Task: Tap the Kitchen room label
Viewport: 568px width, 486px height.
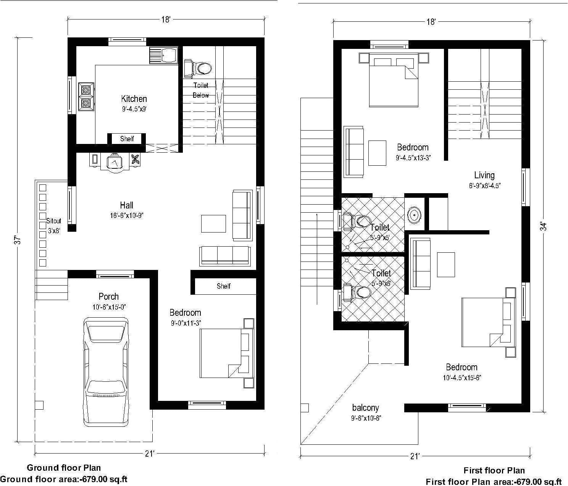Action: tap(134, 99)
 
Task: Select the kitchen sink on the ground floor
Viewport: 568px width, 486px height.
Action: tap(164, 55)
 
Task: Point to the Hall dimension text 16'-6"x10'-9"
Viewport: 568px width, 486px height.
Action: tap(127, 215)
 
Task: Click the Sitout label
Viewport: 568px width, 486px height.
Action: tap(53, 221)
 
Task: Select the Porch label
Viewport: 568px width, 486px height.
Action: tap(108, 296)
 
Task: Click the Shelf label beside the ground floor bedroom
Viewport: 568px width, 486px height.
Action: tap(223, 286)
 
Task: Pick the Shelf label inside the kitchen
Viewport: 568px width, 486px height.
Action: tap(127, 139)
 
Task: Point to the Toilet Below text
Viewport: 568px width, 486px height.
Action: tap(200, 90)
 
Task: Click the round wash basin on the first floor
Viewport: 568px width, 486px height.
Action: tap(414, 215)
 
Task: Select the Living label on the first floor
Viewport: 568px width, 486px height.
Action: tap(484, 175)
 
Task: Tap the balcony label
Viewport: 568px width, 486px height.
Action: tap(365, 408)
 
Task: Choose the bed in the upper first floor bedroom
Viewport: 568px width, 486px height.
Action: tap(393, 81)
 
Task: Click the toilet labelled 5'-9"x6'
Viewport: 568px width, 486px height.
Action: tap(381, 273)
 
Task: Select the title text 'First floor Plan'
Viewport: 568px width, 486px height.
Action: tap(494, 470)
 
